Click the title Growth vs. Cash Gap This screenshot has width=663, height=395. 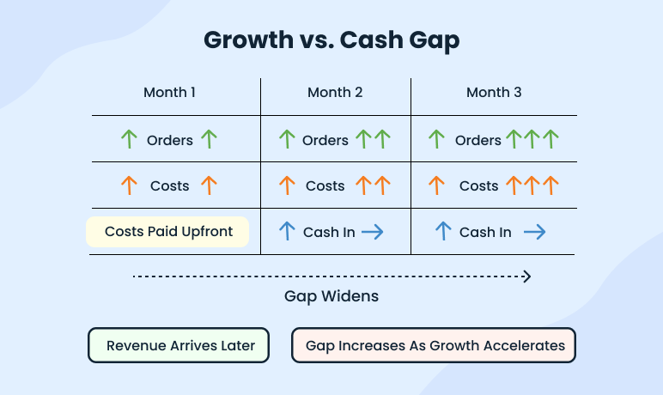point(331,41)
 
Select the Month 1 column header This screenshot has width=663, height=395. point(170,93)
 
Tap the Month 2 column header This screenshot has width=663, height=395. point(335,93)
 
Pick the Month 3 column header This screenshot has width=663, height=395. point(494,93)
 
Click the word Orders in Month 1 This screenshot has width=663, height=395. point(170,140)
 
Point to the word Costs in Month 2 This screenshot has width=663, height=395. point(325,185)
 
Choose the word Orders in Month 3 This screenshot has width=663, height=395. point(478,140)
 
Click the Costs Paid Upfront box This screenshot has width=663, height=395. point(167,232)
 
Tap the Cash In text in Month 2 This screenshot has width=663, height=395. point(329,232)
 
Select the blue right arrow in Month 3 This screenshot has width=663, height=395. point(535,232)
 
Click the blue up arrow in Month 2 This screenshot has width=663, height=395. point(287,231)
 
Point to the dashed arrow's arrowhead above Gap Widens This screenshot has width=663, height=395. point(526,276)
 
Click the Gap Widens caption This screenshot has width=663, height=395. point(331,296)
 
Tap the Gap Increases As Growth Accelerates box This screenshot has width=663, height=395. point(433,346)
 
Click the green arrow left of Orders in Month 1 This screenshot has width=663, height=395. point(129,139)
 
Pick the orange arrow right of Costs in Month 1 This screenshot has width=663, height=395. point(208,185)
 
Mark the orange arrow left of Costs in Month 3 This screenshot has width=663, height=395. point(436,185)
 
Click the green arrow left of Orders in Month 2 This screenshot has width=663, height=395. point(287,139)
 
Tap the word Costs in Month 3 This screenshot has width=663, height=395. point(478,185)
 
